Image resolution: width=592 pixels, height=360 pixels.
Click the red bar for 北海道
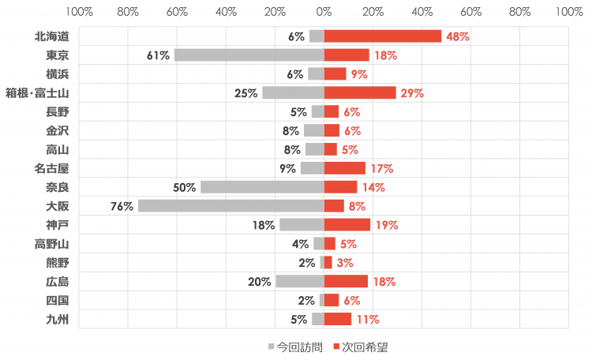pyautogui.click(x=383, y=36)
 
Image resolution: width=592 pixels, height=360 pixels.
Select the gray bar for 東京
pyautogui.click(x=249, y=55)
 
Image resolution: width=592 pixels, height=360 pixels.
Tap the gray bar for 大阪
pyautogui.click(x=231, y=206)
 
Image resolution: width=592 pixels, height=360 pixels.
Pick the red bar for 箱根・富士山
pyautogui.click(x=360, y=93)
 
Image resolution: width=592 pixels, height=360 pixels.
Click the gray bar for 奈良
pyautogui.click(x=262, y=187)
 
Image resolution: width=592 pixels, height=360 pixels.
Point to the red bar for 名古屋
pyautogui.click(x=345, y=168)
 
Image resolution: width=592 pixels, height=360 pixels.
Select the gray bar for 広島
pyautogui.click(x=300, y=281)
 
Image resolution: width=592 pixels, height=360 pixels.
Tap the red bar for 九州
pyautogui.click(x=338, y=319)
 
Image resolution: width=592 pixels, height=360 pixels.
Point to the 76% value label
pyautogui.click(x=122, y=206)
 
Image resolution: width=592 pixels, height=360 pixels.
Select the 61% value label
pyautogui.click(x=158, y=55)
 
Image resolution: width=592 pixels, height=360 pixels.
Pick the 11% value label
pyautogui.click(x=367, y=319)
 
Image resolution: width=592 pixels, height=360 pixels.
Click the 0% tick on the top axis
pyautogui.click(x=324, y=12)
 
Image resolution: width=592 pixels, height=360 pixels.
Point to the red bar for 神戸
pyautogui.click(x=347, y=225)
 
